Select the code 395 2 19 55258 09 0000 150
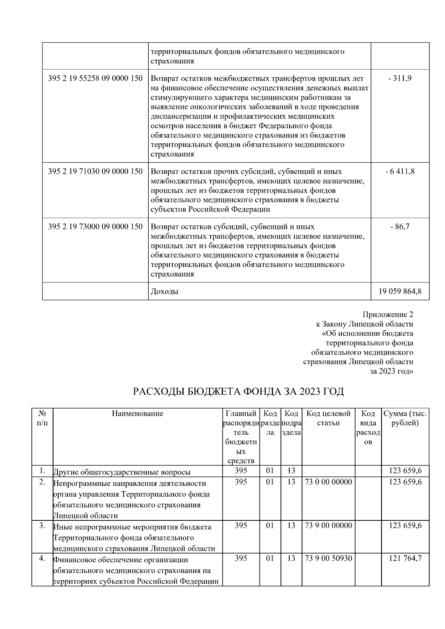point(95,79)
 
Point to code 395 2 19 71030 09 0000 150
point(95,171)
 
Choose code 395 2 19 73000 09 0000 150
point(95,226)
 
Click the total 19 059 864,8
point(400,291)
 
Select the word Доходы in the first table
point(164,291)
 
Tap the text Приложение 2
point(388,315)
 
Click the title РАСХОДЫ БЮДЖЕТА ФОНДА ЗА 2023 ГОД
point(238,391)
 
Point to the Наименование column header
point(138,414)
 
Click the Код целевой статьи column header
point(328,418)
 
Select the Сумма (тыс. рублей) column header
point(405,418)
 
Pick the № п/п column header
point(42,418)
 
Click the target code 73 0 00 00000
point(328,482)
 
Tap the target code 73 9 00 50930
point(328,559)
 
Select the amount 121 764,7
point(405,559)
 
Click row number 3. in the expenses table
point(42,526)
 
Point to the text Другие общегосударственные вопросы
point(122,472)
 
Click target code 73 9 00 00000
point(328,526)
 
